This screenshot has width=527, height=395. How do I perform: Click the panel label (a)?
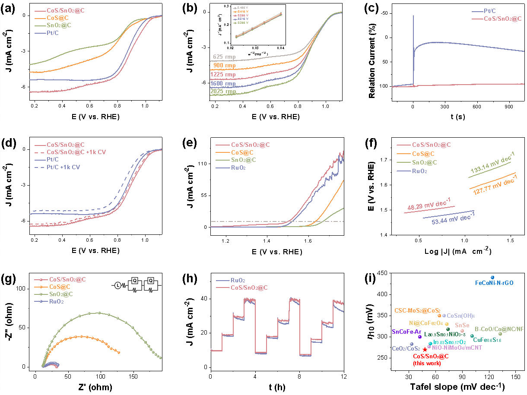coord(9,9)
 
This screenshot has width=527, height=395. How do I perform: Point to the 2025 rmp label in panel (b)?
coord(223,92)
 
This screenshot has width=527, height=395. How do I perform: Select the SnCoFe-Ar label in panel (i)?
coord(406,332)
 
